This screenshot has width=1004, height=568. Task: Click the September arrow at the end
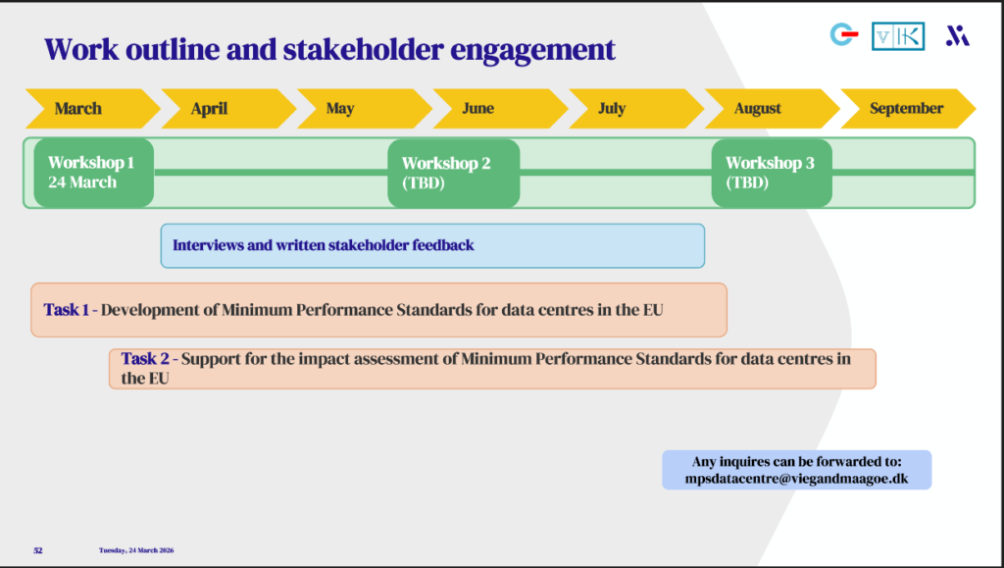[906, 108]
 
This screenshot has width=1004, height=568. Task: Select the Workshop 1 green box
[93, 173]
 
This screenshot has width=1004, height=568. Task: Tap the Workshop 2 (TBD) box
[453, 173]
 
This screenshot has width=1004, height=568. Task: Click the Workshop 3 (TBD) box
[772, 173]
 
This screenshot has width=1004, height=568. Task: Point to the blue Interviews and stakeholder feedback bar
[432, 245]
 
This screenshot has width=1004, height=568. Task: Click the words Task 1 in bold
[66, 310]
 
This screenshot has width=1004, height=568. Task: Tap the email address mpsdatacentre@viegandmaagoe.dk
[796, 479]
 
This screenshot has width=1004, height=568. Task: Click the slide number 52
[38, 550]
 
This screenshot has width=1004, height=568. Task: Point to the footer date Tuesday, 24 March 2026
[136, 550]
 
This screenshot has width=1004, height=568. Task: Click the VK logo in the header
[897, 36]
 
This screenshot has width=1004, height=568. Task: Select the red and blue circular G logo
[843, 35]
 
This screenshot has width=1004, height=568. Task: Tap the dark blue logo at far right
[957, 36]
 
